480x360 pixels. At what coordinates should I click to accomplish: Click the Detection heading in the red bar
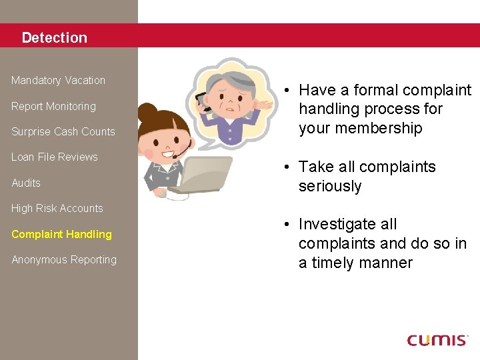click(54, 37)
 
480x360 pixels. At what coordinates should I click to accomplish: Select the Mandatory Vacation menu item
click(58, 80)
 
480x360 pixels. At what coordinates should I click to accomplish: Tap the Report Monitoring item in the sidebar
click(53, 106)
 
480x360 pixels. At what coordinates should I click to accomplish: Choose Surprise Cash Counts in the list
click(63, 131)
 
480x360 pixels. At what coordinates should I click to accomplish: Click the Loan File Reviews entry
click(54, 157)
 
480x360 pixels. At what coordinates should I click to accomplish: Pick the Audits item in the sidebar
click(26, 183)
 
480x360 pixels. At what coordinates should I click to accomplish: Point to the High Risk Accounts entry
click(57, 208)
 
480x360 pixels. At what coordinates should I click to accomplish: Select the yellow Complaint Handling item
click(61, 234)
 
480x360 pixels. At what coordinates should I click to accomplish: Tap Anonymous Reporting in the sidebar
click(63, 259)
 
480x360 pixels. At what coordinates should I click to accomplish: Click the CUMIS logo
click(437, 340)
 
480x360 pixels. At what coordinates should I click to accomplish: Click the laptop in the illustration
click(200, 175)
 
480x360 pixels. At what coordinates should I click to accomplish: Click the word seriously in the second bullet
click(330, 186)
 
